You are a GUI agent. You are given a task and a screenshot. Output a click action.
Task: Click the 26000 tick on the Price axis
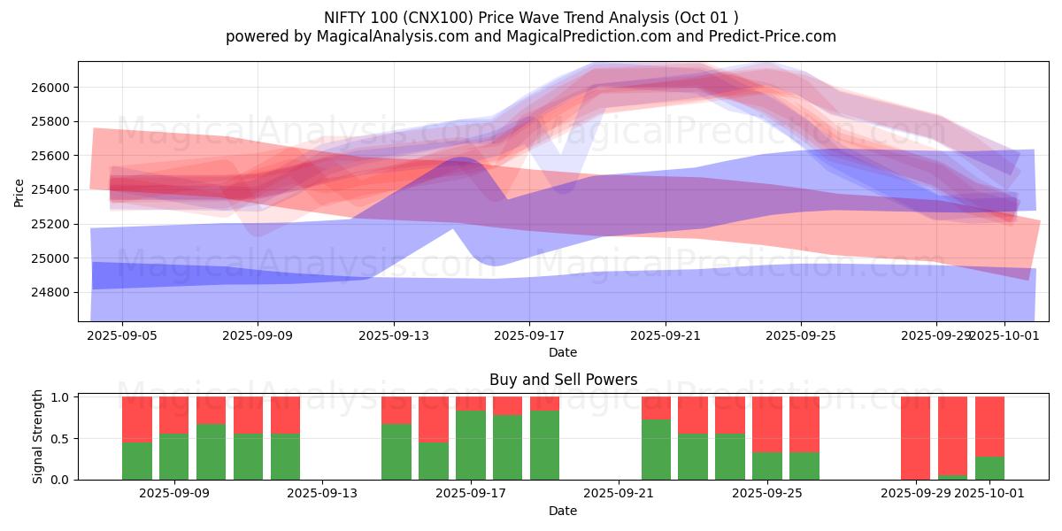tap(52, 88)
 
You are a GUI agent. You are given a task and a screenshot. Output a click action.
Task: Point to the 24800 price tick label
tap(52, 293)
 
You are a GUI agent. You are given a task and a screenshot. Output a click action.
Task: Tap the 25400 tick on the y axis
tap(52, 190)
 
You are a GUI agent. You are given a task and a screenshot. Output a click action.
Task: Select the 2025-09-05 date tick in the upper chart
tap(122, 335)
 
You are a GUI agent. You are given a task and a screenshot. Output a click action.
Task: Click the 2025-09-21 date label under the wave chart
tap(666, 335)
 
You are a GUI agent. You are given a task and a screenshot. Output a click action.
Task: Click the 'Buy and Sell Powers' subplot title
tap(563, 380)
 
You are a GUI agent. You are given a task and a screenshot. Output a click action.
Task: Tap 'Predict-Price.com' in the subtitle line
tap(766, 36)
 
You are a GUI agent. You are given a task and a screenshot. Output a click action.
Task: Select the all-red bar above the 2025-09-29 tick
tap(915, 438)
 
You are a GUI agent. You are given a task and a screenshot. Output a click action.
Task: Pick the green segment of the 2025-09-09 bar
tap(174, 457)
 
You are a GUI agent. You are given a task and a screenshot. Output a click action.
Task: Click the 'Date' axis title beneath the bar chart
tap(563, 511)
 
